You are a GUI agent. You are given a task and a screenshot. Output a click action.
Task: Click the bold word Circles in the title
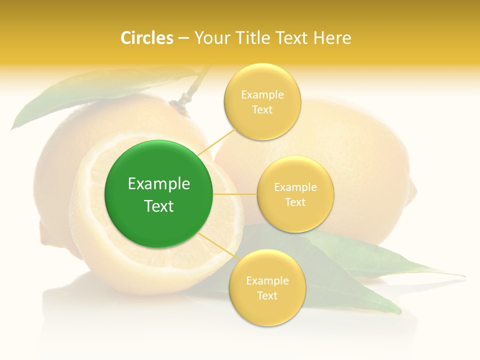coord(147,38)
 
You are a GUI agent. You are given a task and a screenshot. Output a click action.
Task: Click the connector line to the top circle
coord(216,141)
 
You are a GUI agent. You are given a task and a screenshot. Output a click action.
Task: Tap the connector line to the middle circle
coord(235,194)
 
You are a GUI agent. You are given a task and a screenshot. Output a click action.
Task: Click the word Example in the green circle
coord(159,184)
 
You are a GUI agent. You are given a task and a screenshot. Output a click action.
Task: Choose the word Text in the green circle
coord(159,206)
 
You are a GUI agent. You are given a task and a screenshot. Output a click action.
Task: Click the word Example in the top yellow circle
coord(262,95)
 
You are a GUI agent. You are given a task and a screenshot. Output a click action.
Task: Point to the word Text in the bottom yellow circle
coord(267,295)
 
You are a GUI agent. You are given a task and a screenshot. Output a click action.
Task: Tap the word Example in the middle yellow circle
coord(295,187)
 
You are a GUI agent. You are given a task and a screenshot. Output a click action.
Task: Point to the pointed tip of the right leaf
coord(463,275)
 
